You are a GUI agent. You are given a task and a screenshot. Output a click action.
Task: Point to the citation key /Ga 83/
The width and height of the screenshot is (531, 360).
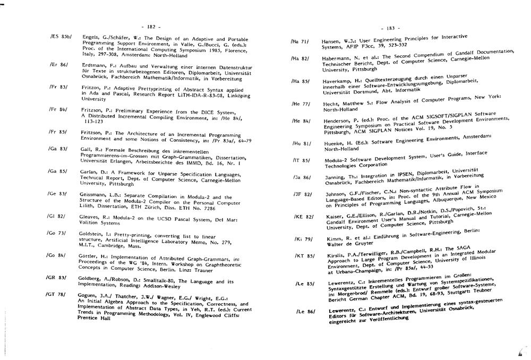click(57, 150)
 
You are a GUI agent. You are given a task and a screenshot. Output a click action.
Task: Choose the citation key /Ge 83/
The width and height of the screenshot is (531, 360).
click(57, 194)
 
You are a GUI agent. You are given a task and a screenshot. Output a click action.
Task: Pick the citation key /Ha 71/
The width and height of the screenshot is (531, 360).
click(301, 41)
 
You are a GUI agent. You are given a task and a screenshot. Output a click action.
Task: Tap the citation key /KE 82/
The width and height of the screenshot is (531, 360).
click(303, 216)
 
